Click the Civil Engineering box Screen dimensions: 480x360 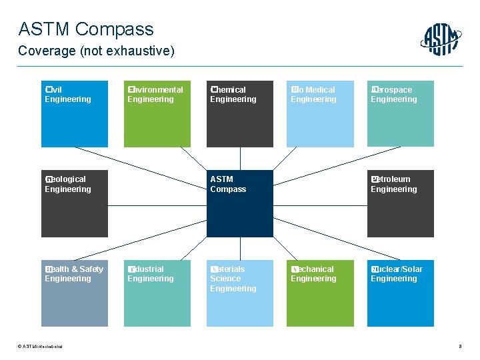coord(74,114)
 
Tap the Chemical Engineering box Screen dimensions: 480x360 coord(239,114)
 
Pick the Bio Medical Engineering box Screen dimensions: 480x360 coord(320,114)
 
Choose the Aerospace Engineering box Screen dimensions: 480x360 coord(400,114)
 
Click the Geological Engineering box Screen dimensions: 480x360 coord(74,203)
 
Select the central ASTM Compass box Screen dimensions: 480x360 coord(239,203)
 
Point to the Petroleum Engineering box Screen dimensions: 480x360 coord(400,203)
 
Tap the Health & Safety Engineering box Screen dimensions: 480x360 coord(74,293)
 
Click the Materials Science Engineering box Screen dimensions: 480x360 coord(239,293)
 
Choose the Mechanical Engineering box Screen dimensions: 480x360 coord(320,293)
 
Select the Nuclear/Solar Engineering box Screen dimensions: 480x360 coord(400,293)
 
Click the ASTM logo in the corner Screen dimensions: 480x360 coord(441,39)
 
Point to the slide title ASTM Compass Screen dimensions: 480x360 coord(86,29)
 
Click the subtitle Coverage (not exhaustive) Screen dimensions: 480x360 coord(97,51)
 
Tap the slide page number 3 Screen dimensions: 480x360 coord(460,346)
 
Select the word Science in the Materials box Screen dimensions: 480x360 coord(225,279)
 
